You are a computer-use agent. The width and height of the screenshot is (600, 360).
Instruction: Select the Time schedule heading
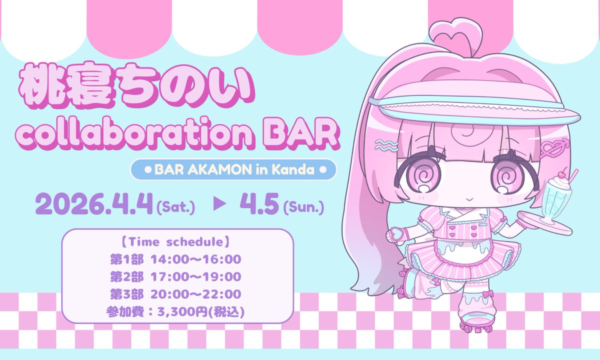coord(176,243)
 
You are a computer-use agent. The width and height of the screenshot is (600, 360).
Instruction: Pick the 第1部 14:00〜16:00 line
coord(176,259)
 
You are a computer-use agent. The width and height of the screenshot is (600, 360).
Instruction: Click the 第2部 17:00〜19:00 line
coord(176,276)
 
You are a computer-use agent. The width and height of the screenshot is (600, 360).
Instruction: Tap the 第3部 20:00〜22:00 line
coord(176,293)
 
